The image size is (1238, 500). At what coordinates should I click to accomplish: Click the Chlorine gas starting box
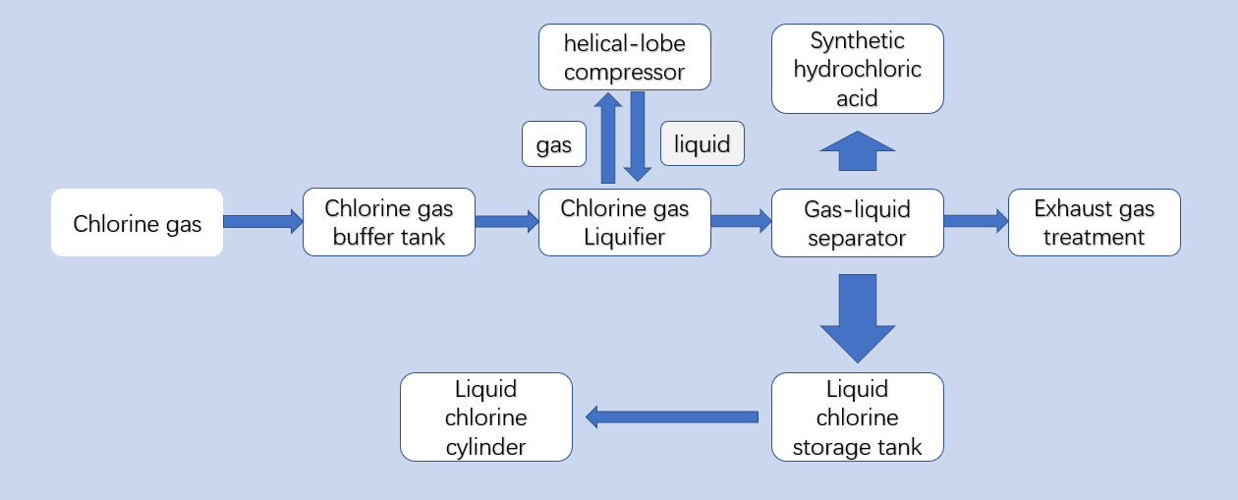pos(137,223)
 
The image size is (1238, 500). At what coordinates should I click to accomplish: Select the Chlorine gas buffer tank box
pos(388,222)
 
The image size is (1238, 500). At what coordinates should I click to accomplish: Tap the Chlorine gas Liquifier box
pos(624,222)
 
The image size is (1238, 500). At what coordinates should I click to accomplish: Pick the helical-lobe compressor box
pos(624,57)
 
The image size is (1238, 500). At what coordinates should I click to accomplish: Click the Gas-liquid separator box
pos(857,222)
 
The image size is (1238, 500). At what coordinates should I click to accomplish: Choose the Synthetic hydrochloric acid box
pos(857,69)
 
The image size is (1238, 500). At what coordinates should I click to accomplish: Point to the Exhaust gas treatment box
pos(1094,222)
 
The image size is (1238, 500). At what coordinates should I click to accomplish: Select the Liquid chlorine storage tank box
pos(857,417)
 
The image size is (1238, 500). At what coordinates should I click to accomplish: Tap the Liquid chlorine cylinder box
pos(485,417)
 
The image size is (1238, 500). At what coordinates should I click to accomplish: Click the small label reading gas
pos(553,144)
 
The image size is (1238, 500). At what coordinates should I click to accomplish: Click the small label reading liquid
pos(702,143)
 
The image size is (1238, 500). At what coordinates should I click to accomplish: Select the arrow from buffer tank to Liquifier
pos(506,221)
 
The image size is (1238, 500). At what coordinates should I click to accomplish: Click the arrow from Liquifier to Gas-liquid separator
pos(741,221)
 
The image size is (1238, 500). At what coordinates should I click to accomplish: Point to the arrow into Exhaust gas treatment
pos(976,221)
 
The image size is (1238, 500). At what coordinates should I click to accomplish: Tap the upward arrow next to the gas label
pos(608,138)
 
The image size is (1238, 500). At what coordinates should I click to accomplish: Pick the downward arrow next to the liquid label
pos(638,137)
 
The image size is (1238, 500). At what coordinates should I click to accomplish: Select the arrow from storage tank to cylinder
pos(672,417)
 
